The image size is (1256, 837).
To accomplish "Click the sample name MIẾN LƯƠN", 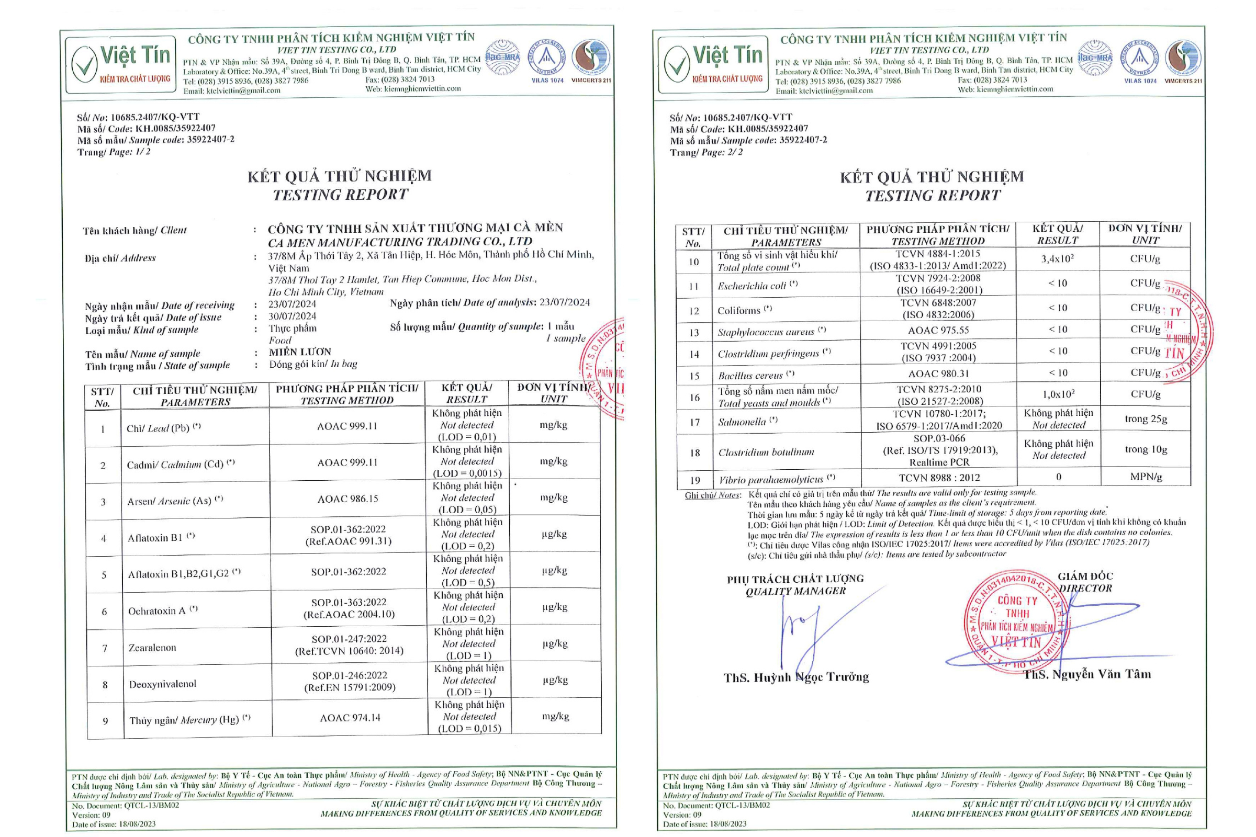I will coord(299,352).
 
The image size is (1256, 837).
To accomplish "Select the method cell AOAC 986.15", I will coord(347,499).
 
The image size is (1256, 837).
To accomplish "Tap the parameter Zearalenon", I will coord(152,648).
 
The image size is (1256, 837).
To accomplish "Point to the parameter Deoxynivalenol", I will coord(162,684).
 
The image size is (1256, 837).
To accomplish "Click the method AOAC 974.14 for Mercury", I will coord(350,718).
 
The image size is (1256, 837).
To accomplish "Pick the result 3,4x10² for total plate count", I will coord(1057,259).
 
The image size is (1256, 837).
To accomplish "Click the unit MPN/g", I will coord(1146,477).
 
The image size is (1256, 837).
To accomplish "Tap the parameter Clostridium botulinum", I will coord(766,452).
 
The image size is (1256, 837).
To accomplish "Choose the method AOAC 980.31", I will coord(938,374).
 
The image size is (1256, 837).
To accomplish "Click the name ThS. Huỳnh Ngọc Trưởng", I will coord(795,677).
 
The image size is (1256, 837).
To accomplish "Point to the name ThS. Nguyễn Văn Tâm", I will coord(1087,674).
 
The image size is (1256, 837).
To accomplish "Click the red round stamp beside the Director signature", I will coord(1017,622).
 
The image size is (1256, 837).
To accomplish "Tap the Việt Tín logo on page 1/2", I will coord(121,64).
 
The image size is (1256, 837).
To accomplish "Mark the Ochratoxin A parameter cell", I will coord(163,610).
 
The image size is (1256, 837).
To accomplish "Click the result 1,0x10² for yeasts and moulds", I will coord(1058,394).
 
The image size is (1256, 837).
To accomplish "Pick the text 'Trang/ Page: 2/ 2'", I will coord(705,152).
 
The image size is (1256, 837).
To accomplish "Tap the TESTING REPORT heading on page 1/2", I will coord(340,195).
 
